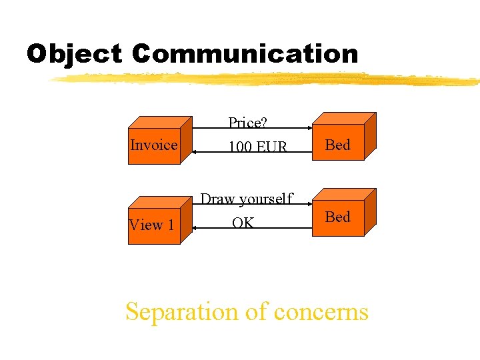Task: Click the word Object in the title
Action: coord(74,54)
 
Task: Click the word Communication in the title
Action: coord(245,54)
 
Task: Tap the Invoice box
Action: coord(154,145)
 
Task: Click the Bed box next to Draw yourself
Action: coord(339,217)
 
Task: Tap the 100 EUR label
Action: coord(257,146)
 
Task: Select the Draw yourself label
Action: coord(247,199)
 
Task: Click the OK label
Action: coord(243,223)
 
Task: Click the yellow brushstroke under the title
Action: coord(267,79)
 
